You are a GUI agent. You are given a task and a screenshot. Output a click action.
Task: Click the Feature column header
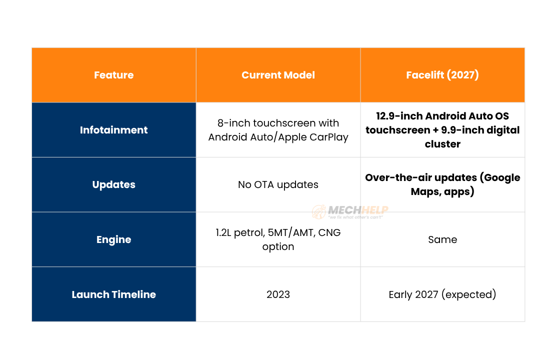113,75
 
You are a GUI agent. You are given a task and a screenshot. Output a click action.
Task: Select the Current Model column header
278,75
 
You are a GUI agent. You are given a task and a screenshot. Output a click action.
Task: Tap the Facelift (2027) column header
442,75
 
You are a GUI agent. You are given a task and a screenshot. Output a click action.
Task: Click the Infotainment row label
113,130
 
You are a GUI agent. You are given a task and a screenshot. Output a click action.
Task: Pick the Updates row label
113,184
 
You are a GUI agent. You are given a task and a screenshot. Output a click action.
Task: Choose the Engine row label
113,239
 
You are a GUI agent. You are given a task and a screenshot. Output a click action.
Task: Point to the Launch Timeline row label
113,294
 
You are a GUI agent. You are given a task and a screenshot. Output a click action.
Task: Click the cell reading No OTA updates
278,184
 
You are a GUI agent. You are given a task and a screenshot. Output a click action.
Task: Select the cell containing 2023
278,294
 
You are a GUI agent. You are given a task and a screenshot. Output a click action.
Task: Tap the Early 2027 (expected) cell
442,294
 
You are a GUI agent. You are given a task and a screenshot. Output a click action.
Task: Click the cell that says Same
442,239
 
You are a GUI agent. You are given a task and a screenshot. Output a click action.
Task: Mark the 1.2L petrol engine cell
278,239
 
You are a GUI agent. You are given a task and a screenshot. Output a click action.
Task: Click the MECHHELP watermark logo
350,211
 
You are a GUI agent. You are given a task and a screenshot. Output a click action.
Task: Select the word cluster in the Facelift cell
442,144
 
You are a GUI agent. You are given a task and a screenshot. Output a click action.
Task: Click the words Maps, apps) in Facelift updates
442,191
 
